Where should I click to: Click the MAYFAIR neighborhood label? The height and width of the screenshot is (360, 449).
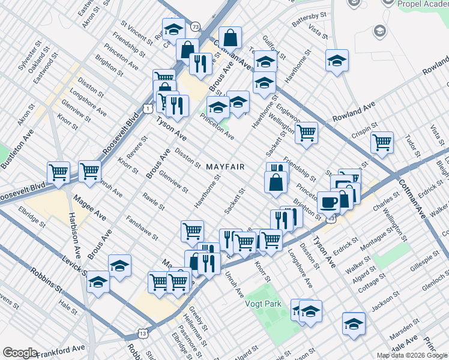coord(225,166)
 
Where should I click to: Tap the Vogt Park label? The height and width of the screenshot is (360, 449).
coord(263,303)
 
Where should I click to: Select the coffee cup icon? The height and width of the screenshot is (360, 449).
coord(328,202)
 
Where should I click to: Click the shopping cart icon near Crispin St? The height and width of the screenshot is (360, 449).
coord(381,143)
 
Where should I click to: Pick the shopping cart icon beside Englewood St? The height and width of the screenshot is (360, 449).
coord(306,133)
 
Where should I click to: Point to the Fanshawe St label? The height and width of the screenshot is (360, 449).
coord(142,229)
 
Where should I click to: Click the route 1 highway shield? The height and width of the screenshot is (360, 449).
coord(146,108)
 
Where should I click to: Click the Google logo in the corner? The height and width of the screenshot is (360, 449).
coord(20,353)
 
